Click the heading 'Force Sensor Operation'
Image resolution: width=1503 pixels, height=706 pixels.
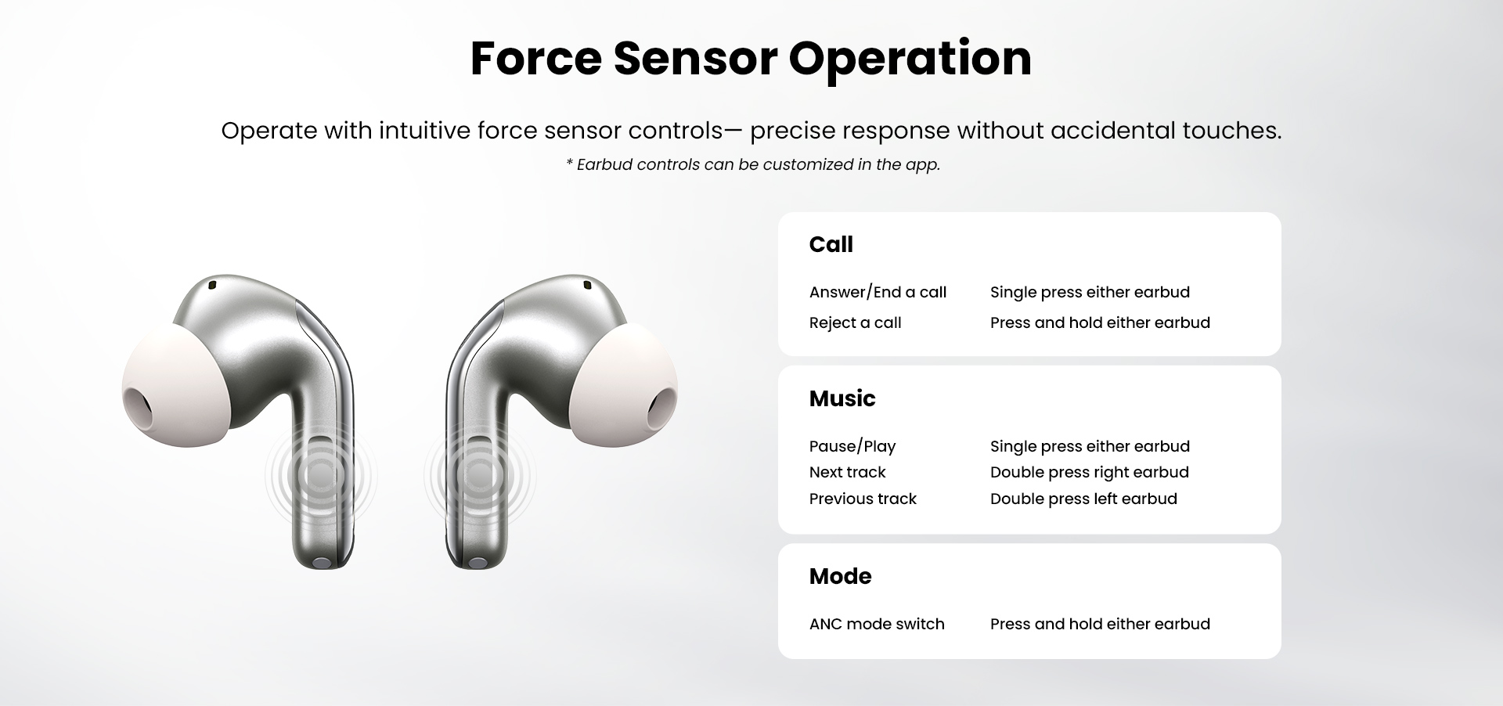click(x=751, y=59)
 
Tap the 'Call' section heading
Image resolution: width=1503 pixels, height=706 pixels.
click(x=831, y=244)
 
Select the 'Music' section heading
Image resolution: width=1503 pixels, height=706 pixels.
click(x=842, y=398)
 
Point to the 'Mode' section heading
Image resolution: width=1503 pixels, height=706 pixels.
click(x=840, y=576)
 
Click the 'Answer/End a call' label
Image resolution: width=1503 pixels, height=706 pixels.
click(x=878, y=292)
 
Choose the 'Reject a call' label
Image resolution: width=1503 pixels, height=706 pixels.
click(x=855, y=322)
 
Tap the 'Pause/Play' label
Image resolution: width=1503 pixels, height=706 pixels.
click(x=852, y=446)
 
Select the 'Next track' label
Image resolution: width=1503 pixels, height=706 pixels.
click(x=847, y=472)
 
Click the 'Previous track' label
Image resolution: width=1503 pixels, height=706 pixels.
click(x=863, y=499)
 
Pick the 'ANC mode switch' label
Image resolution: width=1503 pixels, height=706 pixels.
click(x=877, y=624)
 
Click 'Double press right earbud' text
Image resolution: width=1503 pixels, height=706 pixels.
click(x=1089, y=472)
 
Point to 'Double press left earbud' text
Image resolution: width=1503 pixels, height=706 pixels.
click(x=1083, y=499)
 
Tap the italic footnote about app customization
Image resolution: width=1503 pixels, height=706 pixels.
click(x=752, y=164)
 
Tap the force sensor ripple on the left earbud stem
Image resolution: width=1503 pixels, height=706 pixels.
click(x=321, y=474)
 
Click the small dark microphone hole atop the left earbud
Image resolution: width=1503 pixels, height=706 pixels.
click(x=212, y=285)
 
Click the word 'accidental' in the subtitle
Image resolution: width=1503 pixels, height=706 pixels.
click(x=1112, y=130)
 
